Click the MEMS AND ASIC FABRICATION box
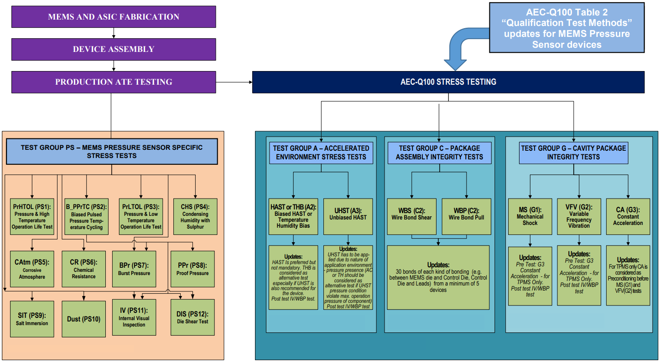[114, 17]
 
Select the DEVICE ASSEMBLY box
[114, 49]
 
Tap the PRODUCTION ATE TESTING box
[114, 82]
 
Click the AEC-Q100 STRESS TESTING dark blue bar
[448, 82]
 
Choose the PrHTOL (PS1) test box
[32, 216]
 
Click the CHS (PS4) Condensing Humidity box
[195, 216]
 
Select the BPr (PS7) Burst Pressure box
[134, 269]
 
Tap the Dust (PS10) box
[83, 319]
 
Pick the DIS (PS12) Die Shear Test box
[192, 317]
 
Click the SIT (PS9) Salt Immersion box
[32, 319]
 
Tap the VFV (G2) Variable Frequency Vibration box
[579, 216]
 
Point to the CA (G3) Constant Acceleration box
[628, 216]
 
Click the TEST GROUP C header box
[439, 153]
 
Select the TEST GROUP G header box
[573, 153]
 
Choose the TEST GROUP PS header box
[112, 152]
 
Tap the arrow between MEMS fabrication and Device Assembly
[114, 33]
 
